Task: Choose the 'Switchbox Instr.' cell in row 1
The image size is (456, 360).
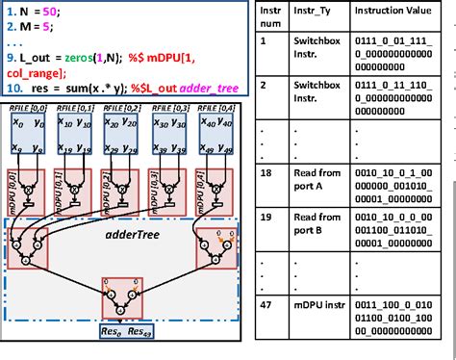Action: coord(318,50)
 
